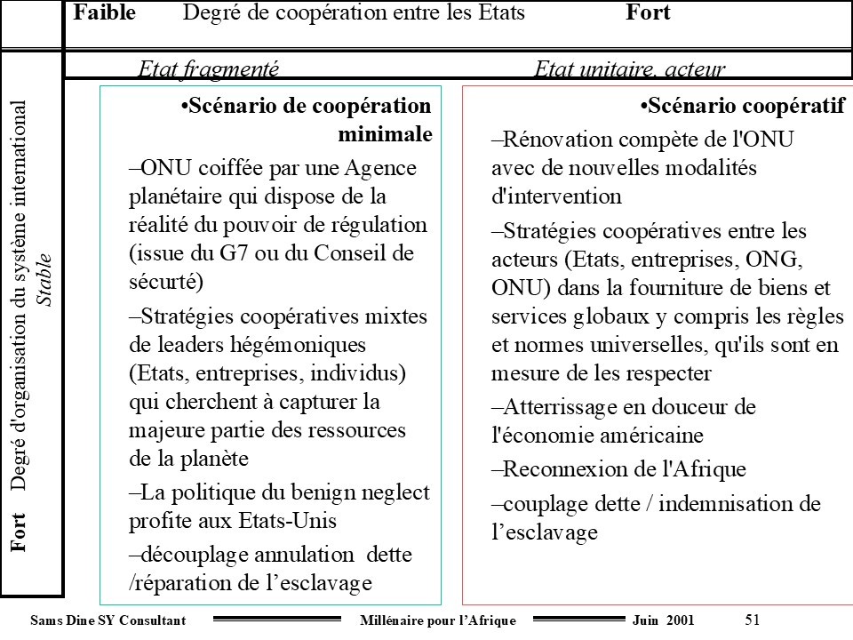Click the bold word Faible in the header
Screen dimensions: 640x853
[105, 13]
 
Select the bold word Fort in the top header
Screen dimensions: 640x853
[648, 13]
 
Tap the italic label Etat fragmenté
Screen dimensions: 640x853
[210, 69]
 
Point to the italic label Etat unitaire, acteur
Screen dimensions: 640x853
[630, 69]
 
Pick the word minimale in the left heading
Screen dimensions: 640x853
[385, 135]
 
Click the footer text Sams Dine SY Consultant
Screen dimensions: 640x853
[108, 620]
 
